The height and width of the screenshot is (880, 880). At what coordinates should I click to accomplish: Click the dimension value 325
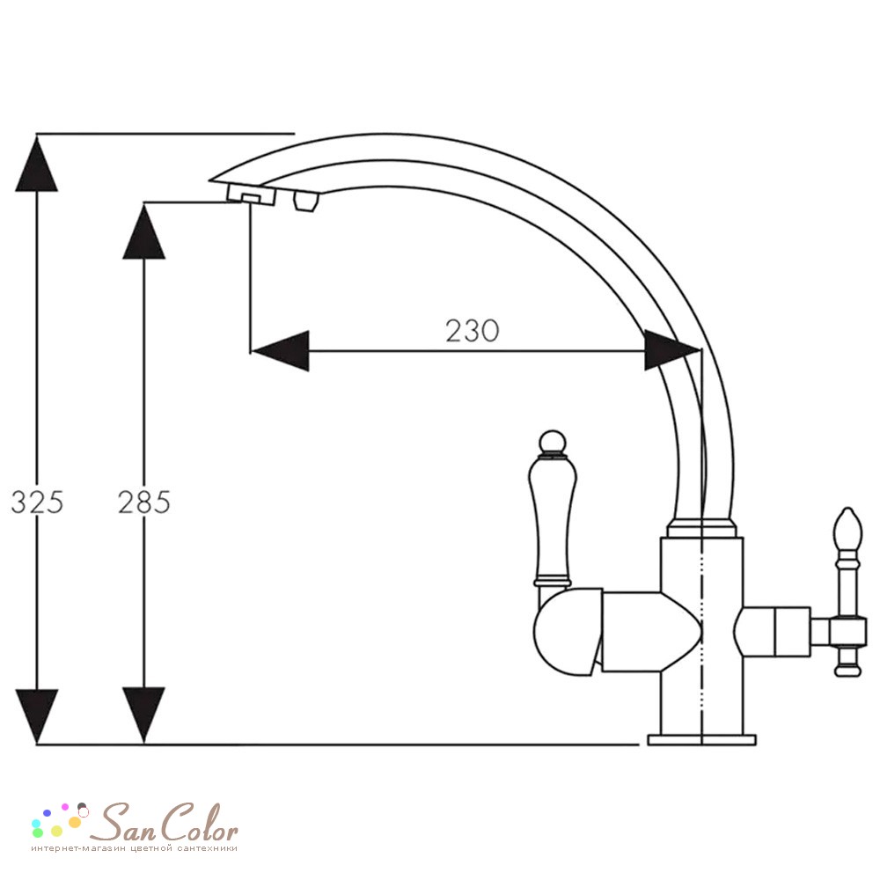[37, 502]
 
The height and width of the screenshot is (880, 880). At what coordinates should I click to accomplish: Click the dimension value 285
[143, 502]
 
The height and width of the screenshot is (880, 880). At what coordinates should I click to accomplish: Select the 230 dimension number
[472, 331]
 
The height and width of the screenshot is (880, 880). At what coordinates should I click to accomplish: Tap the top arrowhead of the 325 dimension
[36, 164]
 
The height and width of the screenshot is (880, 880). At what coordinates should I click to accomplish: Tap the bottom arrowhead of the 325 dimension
[36, 716]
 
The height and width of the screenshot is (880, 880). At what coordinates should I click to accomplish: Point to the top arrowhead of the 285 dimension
[143, 231]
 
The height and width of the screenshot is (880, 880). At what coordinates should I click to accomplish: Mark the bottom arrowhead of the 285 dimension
[143, 715]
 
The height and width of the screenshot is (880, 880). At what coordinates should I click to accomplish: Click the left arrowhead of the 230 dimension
[280, 351]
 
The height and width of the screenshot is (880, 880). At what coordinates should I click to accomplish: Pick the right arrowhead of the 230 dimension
[672, 350]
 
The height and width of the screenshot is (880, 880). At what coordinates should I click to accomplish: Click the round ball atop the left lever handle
[553, 442]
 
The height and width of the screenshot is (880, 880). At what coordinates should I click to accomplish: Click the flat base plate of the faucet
[701, 740]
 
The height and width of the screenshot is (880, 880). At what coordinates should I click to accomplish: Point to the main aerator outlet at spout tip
[252, 196]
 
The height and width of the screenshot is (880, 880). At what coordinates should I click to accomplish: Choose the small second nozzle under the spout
[306, 201]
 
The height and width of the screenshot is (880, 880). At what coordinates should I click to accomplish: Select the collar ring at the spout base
[701, 528]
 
